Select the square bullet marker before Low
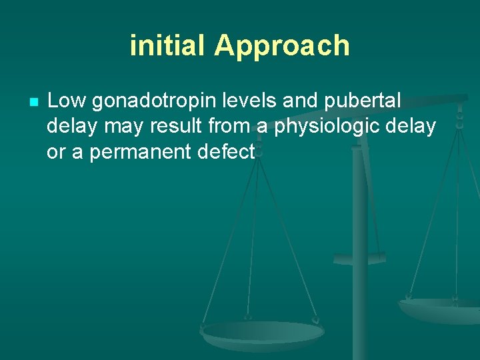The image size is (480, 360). [35, 103]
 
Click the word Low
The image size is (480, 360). [67, 101]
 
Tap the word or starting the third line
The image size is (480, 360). [56, 153]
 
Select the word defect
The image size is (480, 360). [227, 152]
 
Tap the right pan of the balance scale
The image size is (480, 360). [440, 309]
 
